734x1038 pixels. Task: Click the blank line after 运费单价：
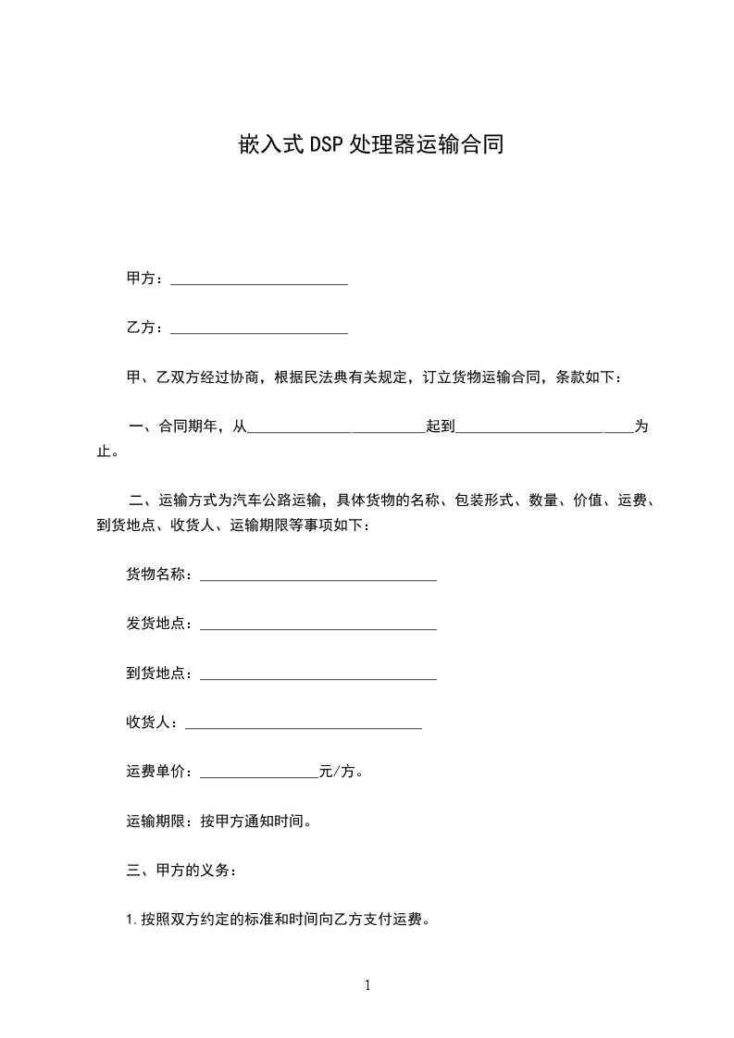[258, 772]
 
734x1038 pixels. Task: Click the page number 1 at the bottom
[367, 985]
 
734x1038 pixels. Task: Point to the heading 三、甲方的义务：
[181, 870]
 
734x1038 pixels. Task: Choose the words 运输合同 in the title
[459, 145]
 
